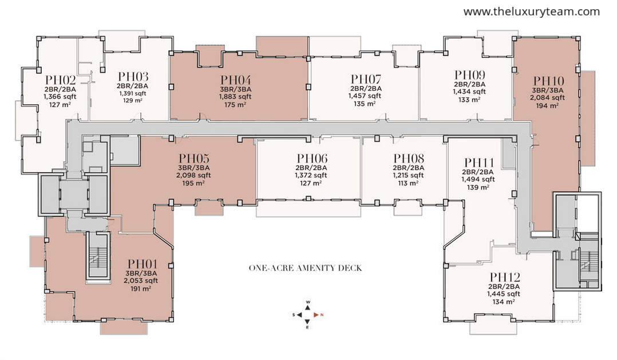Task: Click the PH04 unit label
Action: click(x=236, y=80)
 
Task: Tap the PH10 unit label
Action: click(x=548, y=81)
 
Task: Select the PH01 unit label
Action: click(x=143, y=264)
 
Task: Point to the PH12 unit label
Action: click(x=505, y=277)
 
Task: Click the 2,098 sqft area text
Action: click(x=193, y=175)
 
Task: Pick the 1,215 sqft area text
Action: click(x=409, y=175)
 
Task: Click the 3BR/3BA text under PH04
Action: click(x=236, y=89)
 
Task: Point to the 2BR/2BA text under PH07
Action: click(x=366, y=88)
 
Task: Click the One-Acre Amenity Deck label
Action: click(x=306, y=268)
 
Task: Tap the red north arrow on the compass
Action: click(x=316, y=315)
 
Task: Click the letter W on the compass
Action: click(x=308, y=302)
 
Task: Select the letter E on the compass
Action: click(x=308, y=327)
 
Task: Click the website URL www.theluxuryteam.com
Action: click(x=532, y=12)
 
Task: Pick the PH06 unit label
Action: click(x=312, y=158)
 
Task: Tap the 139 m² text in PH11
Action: click(x=478, y=187)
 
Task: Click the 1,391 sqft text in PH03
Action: click(x=133, y=93)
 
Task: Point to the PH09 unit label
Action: click(x=470, y=75)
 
